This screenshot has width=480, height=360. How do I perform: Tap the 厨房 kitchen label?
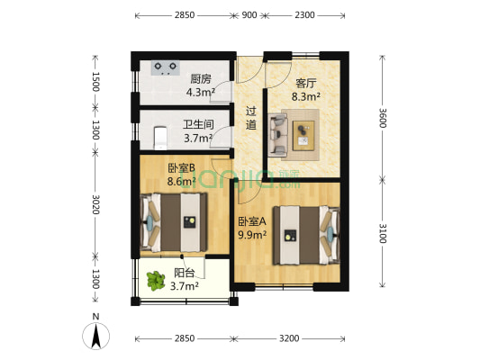[200, 78]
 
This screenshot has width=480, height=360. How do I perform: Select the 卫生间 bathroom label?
[197, 125]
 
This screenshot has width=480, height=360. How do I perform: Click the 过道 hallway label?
[251, 118]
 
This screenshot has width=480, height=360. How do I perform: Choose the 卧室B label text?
[180, 166]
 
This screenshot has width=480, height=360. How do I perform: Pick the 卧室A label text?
[250, 221]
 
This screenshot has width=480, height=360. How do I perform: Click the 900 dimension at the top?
[249, 15]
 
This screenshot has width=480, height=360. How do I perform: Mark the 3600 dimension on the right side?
[383, 117]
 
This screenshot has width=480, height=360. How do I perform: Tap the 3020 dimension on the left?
[95, 204]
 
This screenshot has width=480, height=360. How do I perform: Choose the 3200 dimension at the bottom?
[288, 339]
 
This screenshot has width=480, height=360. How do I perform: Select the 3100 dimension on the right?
[383, 236]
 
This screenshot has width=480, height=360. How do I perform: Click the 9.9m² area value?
[251, 236]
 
